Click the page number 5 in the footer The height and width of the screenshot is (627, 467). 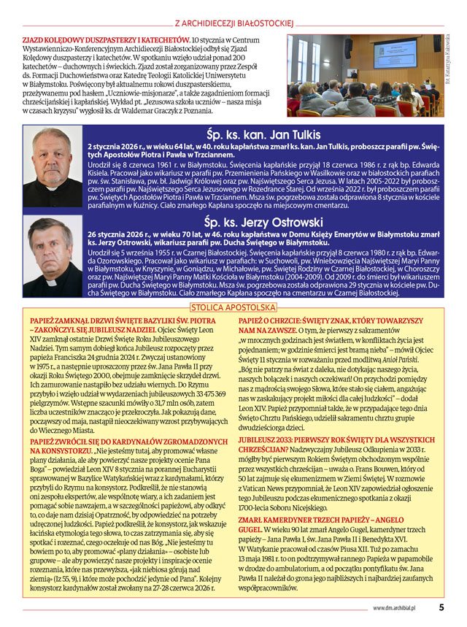(441, 607)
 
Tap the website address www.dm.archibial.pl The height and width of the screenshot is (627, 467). (400, 607)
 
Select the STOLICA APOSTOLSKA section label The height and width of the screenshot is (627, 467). (233, 308)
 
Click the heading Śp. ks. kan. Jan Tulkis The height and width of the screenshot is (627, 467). (262, 135)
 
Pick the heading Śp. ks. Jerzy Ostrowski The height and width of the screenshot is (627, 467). (262, 221)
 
